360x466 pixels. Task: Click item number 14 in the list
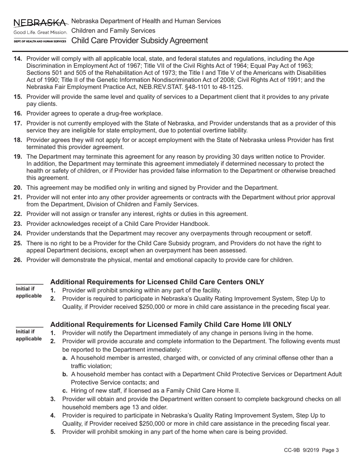click(18, 59)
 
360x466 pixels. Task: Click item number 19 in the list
click(18, 156)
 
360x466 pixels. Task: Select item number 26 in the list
click(18, 260)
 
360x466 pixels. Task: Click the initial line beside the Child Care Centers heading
click(29, 283)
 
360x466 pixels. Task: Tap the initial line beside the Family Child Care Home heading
click(29, 325)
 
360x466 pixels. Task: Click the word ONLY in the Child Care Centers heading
click(254, 282)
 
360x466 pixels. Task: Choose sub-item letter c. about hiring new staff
click(65, 391)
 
